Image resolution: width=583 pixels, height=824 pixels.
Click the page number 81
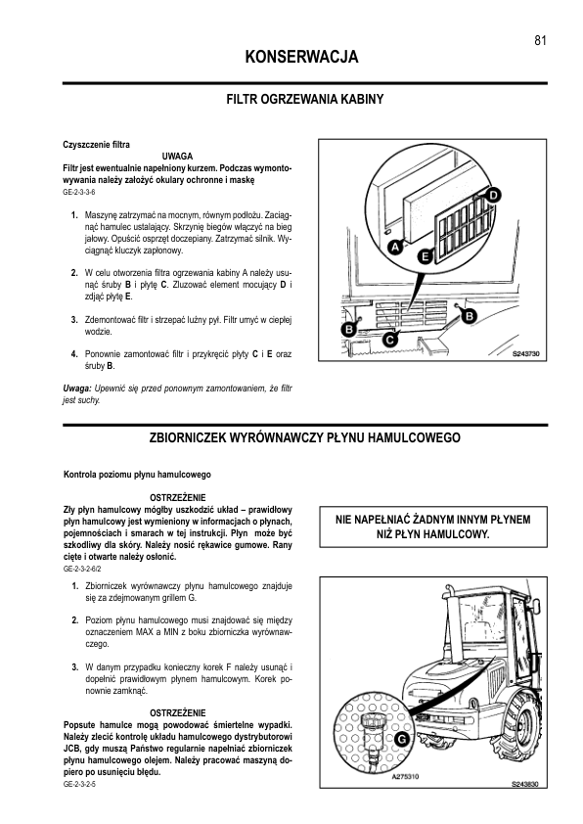[x=541, y=40]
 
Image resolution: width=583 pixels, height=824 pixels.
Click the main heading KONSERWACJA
[x=301, y=57]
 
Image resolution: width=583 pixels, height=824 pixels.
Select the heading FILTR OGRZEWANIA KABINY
[x=304, y=99]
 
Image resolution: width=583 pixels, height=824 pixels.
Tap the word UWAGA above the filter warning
[x=177, y=156]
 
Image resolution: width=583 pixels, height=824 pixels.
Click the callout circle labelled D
[x=493, y=196]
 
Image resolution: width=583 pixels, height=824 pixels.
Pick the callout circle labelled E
[x=425, y=257]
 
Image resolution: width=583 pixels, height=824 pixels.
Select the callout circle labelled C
[x=389, y=340]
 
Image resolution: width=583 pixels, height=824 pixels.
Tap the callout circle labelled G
[x=402, y=740]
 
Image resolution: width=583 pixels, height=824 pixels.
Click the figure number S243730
[x=525, y=354]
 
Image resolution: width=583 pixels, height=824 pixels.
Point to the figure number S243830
[x=525, y=784]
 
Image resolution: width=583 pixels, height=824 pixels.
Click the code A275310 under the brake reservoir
[x=406, y=776]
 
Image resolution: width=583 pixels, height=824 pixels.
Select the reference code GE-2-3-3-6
[x=79, y=193]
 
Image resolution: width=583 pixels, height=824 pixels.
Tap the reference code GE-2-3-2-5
[x=79, y=784]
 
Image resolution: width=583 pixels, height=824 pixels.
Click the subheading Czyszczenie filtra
[x=96, y=145]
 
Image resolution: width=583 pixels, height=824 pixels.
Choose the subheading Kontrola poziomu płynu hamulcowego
[x=137, y=475]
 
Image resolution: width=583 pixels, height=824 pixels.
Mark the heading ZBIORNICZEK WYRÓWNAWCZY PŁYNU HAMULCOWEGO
[x=304, y=437]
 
